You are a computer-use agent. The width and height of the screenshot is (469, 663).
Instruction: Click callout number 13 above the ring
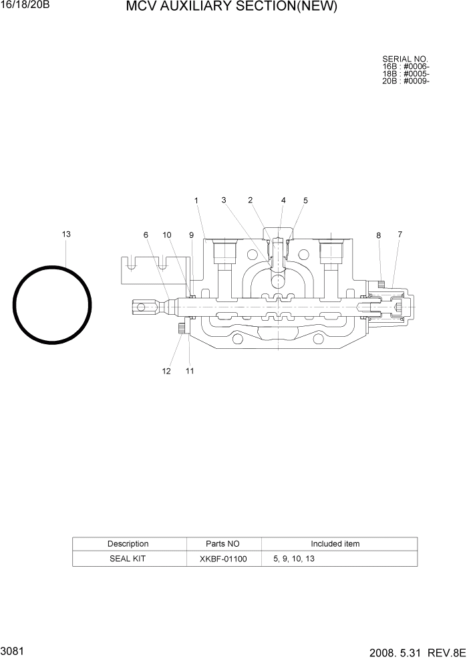(x=66, y=234)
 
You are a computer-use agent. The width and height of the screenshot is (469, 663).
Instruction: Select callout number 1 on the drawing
(x=196, y=200)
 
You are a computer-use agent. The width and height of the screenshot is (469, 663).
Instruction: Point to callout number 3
(x=224, y=200)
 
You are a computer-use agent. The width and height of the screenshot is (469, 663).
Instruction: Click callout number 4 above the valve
(x=283, y=200)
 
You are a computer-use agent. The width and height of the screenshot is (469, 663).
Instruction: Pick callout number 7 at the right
(x=400, y=234)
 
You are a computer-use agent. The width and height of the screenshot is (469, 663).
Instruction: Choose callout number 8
(x=378, y=235)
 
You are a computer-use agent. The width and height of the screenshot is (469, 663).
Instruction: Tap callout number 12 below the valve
(x=166, y=371)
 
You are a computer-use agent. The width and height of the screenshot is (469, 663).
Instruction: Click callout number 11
(x=190, y=371)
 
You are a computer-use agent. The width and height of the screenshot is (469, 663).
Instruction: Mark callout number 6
(x=145, y=235)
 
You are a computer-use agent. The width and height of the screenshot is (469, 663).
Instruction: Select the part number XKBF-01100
(x=223, y=559)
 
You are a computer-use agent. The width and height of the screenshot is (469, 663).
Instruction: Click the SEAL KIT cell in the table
(x=128, y=559)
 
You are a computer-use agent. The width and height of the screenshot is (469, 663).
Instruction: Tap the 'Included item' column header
(x=335, y=544)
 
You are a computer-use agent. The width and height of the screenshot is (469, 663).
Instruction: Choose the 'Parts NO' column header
(x=223, y=544)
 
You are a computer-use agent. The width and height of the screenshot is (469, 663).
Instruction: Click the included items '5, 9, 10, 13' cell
(x=294, y=559)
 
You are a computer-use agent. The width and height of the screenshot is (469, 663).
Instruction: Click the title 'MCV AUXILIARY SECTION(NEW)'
(x=231, y=8)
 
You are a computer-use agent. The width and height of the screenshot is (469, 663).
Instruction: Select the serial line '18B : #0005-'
(x=405, y=74)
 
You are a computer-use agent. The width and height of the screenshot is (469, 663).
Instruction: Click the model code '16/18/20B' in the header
(x=25, y=5)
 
